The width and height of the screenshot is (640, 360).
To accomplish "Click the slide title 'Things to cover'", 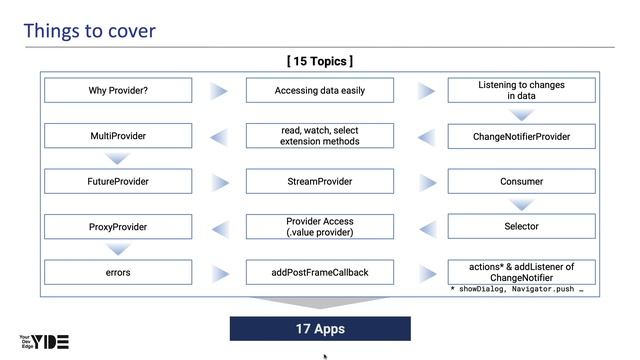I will click(89, 30).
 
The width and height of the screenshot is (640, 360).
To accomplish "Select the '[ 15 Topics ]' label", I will click(320, 61).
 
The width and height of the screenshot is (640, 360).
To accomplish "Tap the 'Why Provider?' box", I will click(118, 91).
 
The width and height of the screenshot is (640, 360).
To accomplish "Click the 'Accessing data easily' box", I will click(320, 91).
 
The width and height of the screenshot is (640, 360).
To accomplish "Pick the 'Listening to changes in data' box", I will click(521, 91).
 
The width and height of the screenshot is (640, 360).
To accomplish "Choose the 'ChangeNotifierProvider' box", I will click(521, 136).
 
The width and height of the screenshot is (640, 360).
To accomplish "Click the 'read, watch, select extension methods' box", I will click(320, 136).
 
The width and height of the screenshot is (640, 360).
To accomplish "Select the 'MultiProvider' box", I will click(118, 136).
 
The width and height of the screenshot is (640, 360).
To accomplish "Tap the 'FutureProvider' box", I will click(118, 182).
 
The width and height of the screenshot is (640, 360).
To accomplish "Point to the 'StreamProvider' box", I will click(320, 182).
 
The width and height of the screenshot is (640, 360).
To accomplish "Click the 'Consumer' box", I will click(521, 182).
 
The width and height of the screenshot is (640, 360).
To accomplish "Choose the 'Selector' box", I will click(521, 227).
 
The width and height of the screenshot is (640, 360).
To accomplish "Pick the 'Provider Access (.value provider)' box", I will click(320, 227).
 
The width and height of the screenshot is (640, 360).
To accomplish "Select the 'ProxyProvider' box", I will click(118, 227).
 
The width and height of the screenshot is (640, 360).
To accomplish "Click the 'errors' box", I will click(118, 272).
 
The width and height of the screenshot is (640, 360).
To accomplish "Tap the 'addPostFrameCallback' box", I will click(320, 272).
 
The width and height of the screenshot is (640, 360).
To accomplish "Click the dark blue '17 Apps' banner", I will click(320, 328).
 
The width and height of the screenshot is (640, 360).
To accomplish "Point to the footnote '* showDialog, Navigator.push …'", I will click(516, 288).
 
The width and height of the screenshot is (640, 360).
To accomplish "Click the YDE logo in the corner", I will click(44, 341).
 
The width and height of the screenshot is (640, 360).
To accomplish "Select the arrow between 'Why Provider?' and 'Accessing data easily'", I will click(219, 91).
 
